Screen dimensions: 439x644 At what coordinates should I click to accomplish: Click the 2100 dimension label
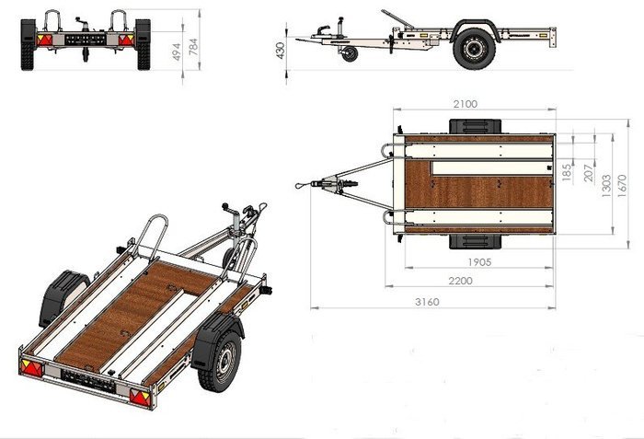pyautogui.click(x=466, y=104)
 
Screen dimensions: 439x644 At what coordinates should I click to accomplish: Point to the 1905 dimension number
pyautogui.click(x=477, y=260)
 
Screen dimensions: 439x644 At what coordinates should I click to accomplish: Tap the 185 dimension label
pyautogui.click(x=567, y=170)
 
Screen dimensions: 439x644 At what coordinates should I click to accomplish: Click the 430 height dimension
pyautogui.click(x=280, y=49)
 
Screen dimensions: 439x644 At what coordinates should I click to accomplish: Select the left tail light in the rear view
pyautogui.click(x=42, y=40)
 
